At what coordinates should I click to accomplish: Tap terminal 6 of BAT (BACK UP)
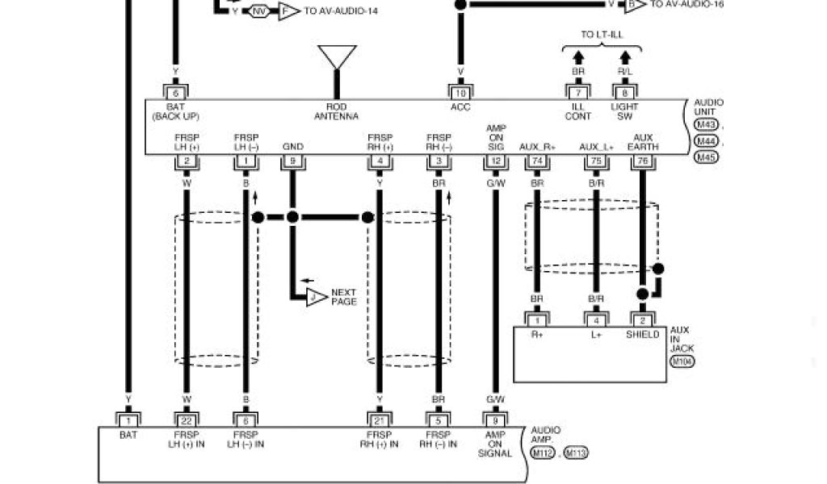[175, 93]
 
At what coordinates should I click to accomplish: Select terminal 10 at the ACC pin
[460, 93]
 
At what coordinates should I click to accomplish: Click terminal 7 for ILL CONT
[578, 93]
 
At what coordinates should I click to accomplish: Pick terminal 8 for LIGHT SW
[624, 93]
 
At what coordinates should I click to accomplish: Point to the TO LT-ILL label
[602, 34]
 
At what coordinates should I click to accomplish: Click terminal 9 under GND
[292, 162]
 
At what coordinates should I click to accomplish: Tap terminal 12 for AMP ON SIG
[495, 162]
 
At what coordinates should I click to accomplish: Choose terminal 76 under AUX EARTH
[643, 162]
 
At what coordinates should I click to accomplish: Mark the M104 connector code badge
[682, 361]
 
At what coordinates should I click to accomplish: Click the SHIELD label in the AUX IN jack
[643, 335]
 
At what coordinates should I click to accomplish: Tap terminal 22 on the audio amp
[186, 419]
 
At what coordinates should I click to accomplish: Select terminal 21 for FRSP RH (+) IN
[379, 419]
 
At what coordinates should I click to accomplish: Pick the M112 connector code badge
[543, 453]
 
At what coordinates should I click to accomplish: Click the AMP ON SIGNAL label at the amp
[495, 444]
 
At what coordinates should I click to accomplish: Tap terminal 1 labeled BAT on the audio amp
[128, 419]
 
